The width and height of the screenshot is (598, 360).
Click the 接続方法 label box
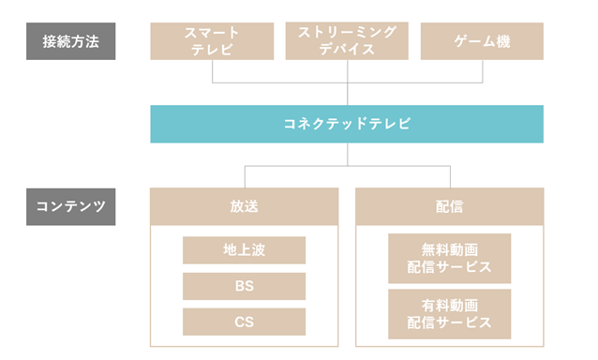pyautogui.click(x=70, y=42)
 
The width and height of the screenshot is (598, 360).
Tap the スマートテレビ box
pyautogui.click(x=212, y=42)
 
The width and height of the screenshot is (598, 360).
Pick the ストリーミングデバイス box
pyautogui.click(x=347, y=42)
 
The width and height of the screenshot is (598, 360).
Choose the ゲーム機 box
pyautogui.click(x=483, y=42)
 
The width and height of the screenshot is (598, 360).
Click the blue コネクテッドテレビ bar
pyautogui.click(x=347, y=124)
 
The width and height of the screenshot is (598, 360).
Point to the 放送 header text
pyautogui.click(x=244, y=205)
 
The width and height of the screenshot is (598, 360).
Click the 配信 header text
pyautogui.click(x=449, y=205)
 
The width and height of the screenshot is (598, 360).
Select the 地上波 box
pyautogui.click(x=244, y=250)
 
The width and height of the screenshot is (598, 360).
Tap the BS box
pyautogui.click(x=244, y=286)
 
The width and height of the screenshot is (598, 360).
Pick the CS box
pyautogui.click(x=244, y=322)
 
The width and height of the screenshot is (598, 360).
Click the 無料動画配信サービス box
pyautogui.click(x=449, y=259)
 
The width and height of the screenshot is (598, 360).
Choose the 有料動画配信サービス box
pyautogui.click(x=449, y=313)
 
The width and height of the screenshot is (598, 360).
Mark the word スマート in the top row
pyautogui.click(x=212, y=33)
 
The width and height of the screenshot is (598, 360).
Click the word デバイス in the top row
pyautogui.click(x=347, y=51)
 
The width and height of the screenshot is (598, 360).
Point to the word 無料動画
pyautogui.click(x=449, y=250)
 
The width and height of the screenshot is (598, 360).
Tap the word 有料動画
pyautogui.click(x=449, y=305)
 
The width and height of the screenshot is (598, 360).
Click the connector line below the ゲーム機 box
pyautogui.click(x=483, y=71)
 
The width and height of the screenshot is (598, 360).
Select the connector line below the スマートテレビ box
pyautogui.click(x=212, y=71)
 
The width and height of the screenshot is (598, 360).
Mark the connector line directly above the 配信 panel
pyautogui.click(x=449, y=177)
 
